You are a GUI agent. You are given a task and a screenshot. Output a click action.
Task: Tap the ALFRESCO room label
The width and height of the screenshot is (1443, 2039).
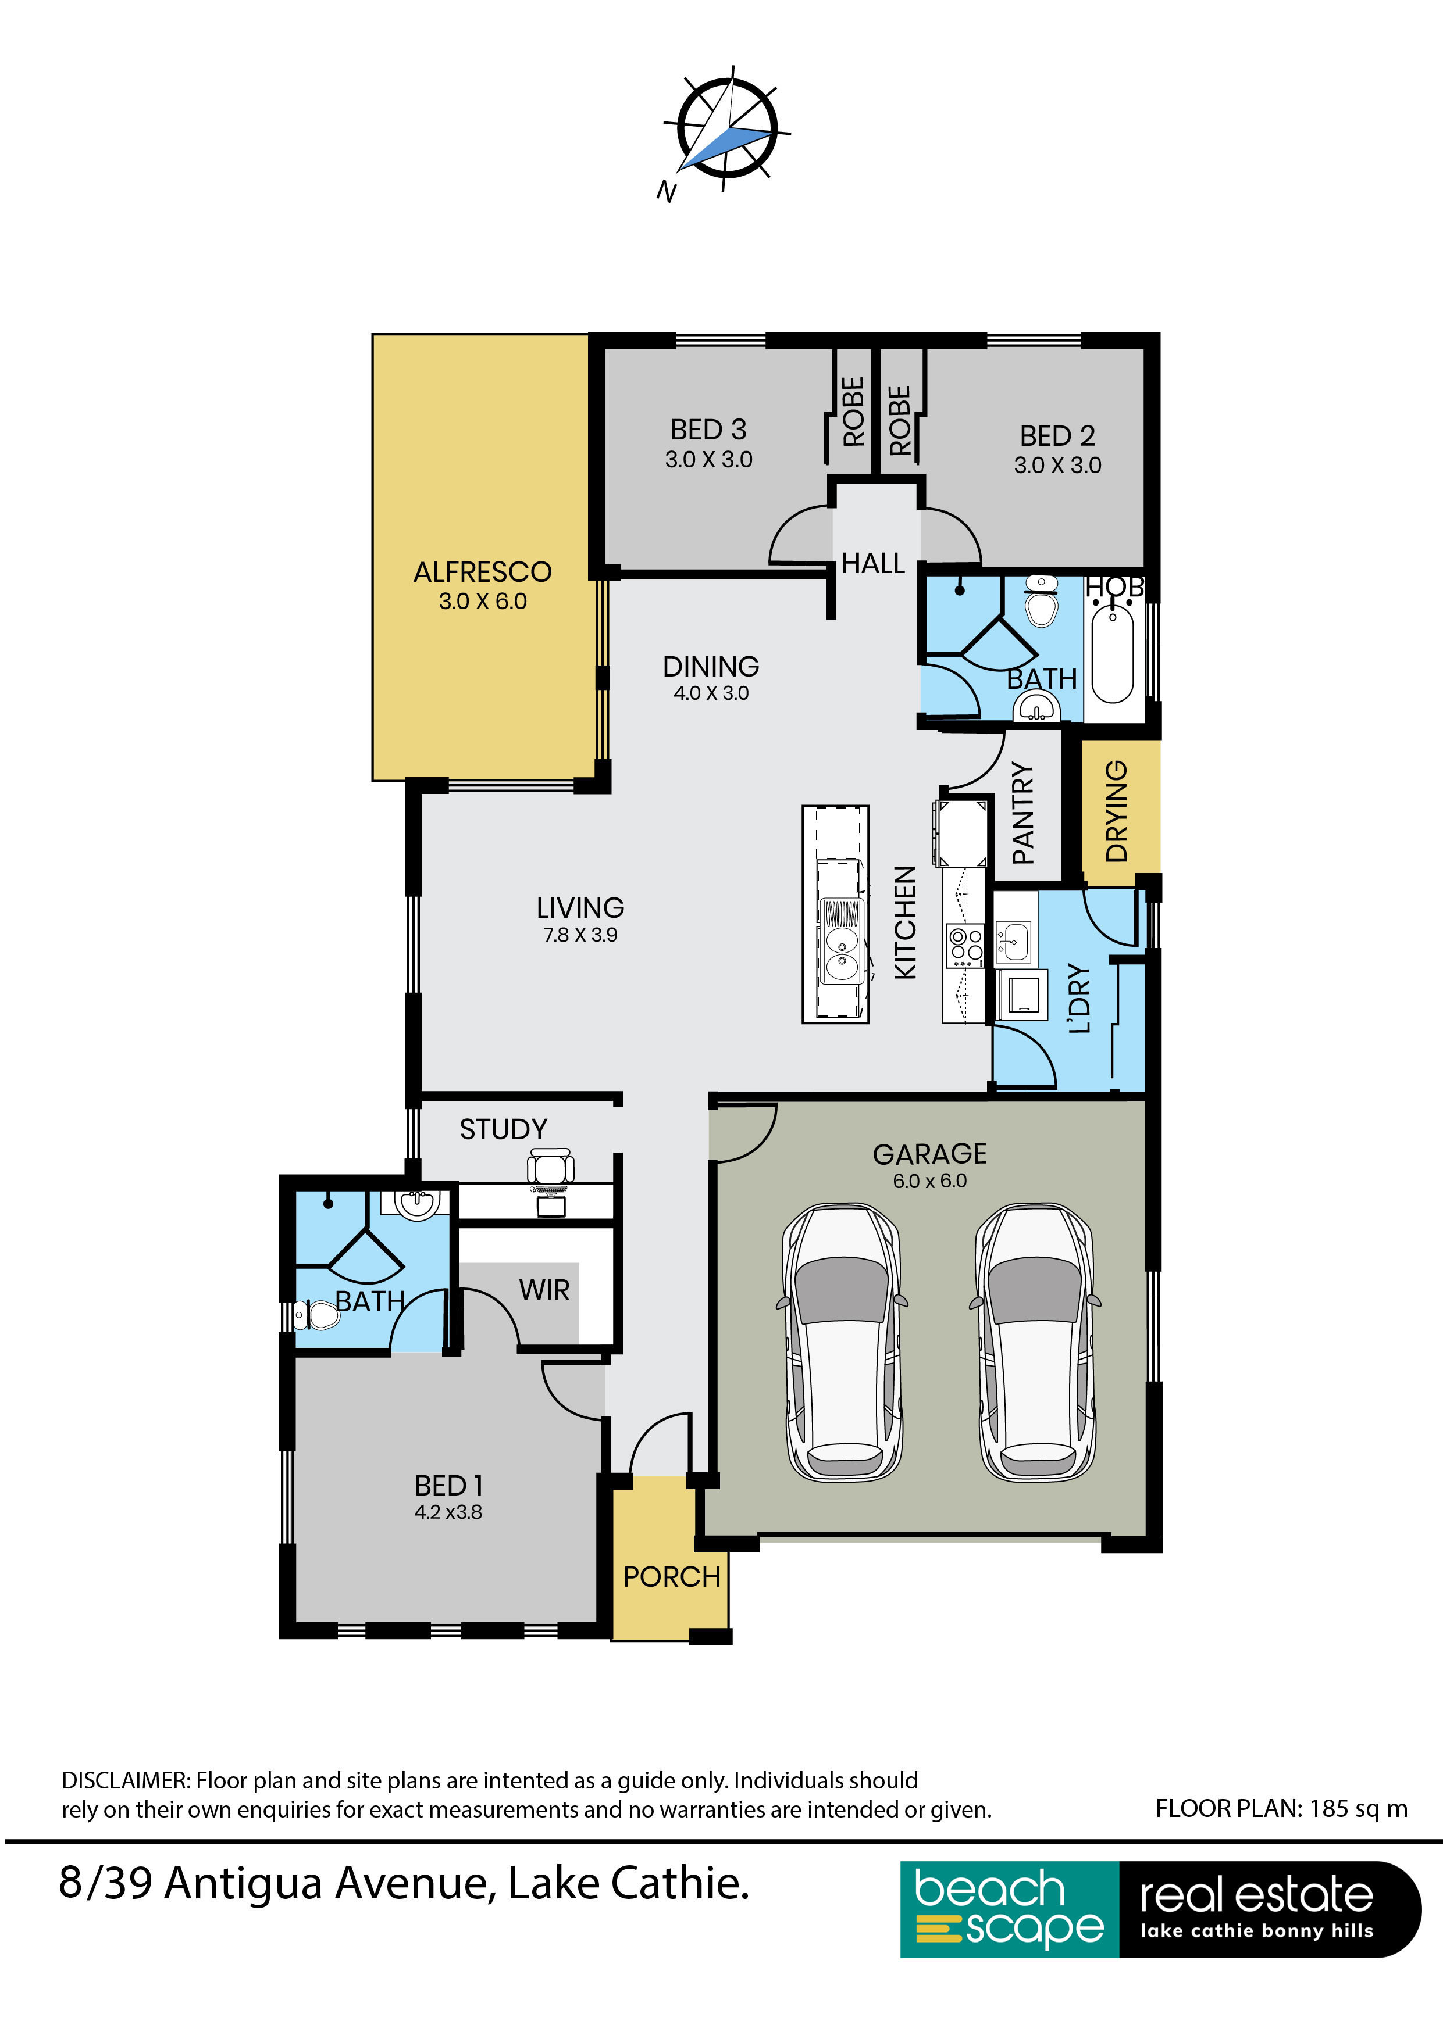coord(483,572)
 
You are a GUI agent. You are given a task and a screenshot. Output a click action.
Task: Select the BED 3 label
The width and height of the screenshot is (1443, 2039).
coord(708,430)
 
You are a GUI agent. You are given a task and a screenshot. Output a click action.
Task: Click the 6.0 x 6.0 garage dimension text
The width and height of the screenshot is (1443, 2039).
coord(929,1181)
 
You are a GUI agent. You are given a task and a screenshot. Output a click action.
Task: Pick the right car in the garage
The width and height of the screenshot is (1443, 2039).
coord(1034,1342)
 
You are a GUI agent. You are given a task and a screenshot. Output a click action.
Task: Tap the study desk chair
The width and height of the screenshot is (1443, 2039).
coord(551,1169)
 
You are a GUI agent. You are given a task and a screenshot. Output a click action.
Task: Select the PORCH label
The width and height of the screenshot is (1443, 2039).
coord(672,1577)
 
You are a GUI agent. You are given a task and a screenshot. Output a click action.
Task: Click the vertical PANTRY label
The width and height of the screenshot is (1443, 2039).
coord(1024,814)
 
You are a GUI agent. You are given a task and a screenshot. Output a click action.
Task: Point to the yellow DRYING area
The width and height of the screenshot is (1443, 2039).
coord(1120,811)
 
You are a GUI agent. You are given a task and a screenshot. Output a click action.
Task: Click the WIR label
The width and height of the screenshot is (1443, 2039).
coord(544,1289)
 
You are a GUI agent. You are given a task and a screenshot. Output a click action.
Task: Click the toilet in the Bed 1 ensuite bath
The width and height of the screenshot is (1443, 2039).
coord(316,1314)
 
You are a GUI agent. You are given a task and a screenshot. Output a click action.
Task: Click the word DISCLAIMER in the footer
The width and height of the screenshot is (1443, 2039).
coord(124,1780)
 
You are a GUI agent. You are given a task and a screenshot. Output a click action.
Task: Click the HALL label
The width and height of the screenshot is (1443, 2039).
coord(872,563)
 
